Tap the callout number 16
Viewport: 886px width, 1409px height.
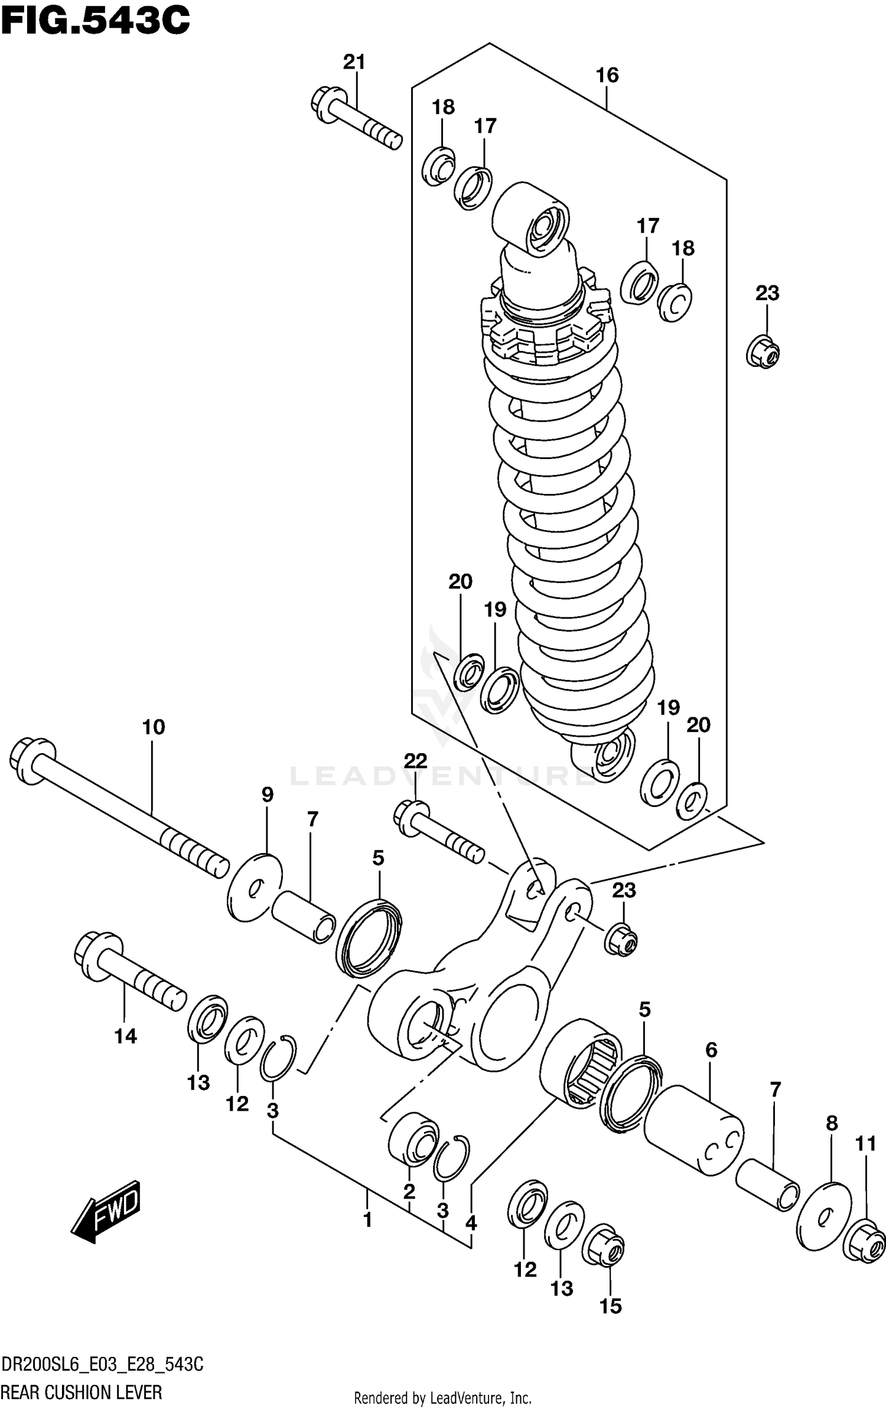point(607,75)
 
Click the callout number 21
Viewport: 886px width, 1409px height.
point(354,62)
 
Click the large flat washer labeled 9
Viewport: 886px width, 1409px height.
point(255,887)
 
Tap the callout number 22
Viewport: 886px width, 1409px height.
point(415,761)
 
